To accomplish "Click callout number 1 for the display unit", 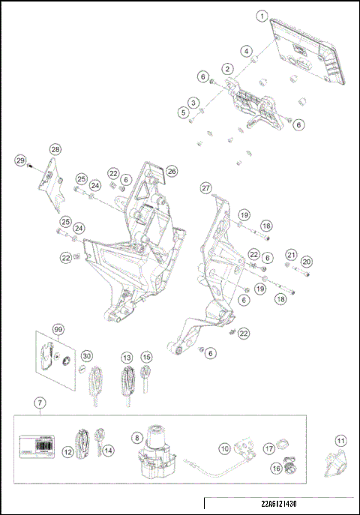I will tap(262, 16).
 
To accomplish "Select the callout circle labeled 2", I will tap(226, 67).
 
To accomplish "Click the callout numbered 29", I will tap(21, 160).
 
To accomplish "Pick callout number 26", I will tap(172, 171).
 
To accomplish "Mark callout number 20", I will tap(306, 262).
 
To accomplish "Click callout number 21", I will tap(291, 254).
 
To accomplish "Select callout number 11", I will tap(340, 440).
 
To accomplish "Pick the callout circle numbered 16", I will tap(276, 468).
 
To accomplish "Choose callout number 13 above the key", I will tap(127, 357).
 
